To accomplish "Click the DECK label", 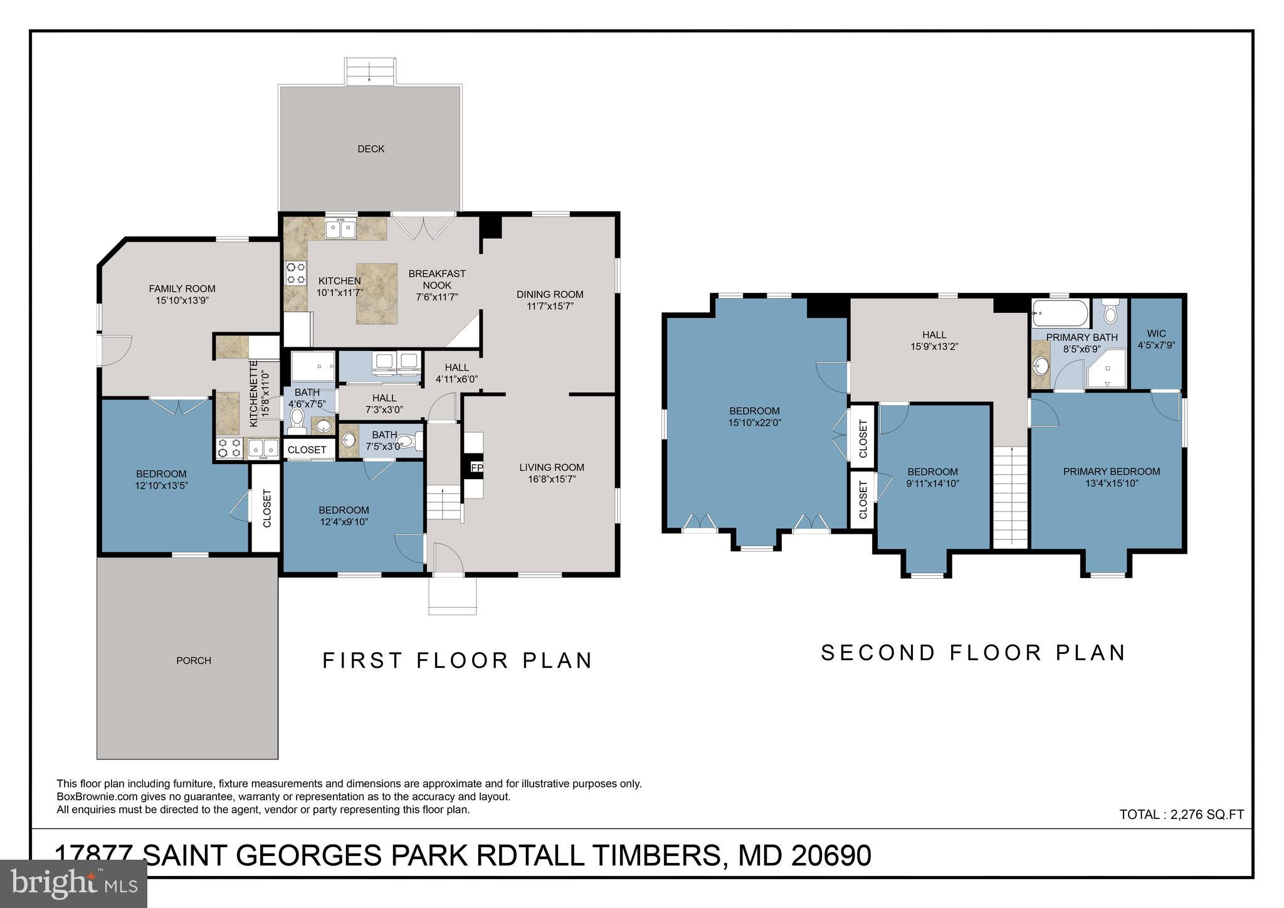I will coord(371,149).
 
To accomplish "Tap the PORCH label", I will coord(193,660).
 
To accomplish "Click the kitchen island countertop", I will coord(377,293).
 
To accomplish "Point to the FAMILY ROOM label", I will coord(182,288).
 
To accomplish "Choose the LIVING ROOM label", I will coord(551,467).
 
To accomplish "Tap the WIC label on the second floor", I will coord(1156,334).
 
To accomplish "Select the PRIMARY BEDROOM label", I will coord(1111,472).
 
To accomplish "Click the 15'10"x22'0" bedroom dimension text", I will coord(754,423).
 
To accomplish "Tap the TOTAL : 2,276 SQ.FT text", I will coord(1181,815).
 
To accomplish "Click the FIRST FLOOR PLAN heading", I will coord(457,660).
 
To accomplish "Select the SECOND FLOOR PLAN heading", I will coord(973,653).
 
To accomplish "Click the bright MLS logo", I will coord(73,884).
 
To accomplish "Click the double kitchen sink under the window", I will coord(340,229).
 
